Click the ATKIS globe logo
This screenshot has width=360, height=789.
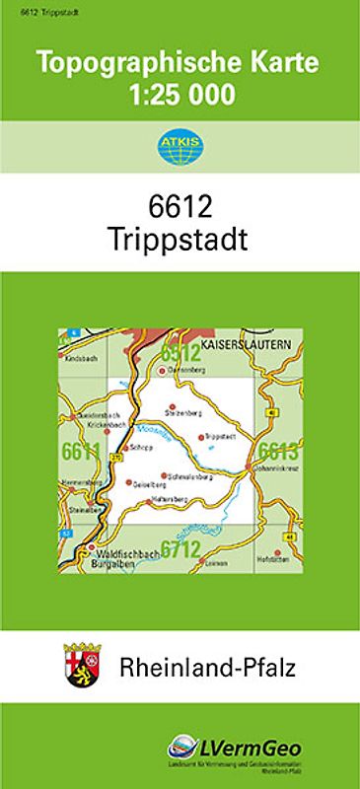(180, 149)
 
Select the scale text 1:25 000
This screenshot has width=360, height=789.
(180, 96)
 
